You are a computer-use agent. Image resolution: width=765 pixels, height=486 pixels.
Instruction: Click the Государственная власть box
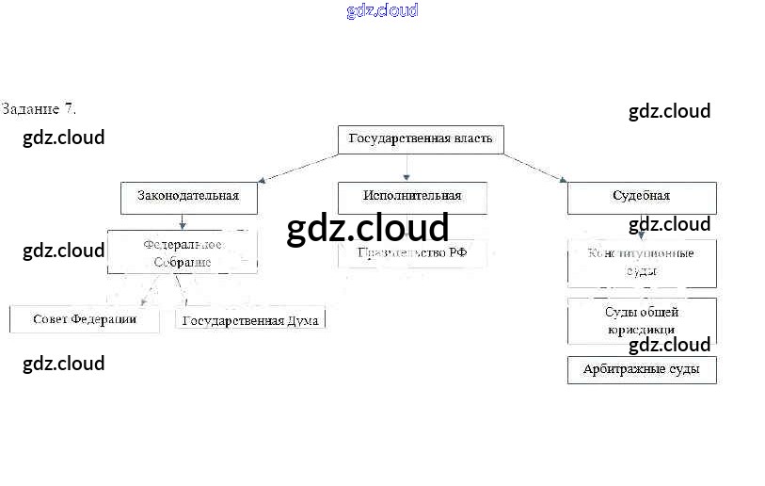(420, 139)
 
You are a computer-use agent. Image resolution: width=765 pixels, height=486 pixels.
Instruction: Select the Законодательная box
(188, 197)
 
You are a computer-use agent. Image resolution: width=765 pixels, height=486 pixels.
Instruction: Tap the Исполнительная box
(412, 197)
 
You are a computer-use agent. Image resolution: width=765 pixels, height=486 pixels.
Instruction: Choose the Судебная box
(641, 197)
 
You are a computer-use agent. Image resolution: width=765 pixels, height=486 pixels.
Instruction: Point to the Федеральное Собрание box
(183, 252)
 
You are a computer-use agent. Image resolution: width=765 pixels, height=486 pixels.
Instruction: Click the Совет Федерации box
(85, 319)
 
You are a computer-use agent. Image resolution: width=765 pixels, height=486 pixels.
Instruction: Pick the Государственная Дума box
(250, 320)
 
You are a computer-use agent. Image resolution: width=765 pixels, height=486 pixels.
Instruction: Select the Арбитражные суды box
(641, 369)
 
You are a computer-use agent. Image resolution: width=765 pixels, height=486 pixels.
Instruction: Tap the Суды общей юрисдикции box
(641, 321)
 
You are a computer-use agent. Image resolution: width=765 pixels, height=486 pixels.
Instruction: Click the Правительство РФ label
(412, 252)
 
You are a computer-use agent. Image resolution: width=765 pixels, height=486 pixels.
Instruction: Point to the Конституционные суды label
(641, 262)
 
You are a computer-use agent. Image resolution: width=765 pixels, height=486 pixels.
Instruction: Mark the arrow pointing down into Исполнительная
(406, 168)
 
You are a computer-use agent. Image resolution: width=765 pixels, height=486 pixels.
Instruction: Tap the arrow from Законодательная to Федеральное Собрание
(183, 222)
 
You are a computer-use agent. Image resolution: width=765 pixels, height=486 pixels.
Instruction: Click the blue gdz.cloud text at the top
(382, 11)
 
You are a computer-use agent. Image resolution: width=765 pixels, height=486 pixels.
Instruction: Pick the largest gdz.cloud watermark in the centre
(368, 229)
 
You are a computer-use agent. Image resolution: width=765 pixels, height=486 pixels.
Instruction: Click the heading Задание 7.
(39, 108)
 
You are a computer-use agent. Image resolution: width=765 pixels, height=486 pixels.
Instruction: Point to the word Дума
(303, 320)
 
